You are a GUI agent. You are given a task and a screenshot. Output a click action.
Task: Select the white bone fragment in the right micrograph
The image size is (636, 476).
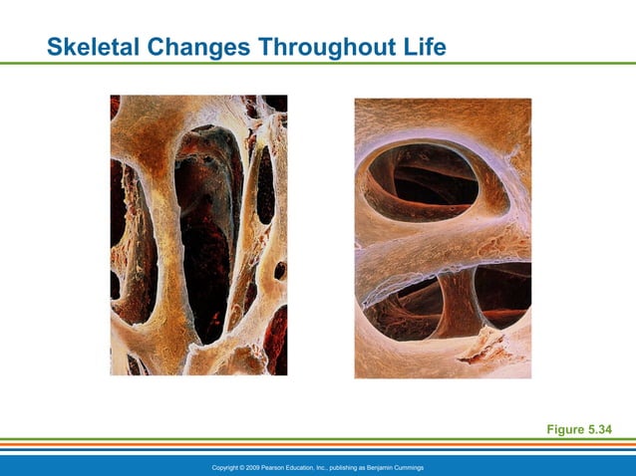[487, 344]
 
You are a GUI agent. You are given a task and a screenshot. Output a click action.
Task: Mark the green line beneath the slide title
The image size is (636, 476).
[318, 64]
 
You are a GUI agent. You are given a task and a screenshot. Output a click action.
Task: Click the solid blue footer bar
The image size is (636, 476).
[100, 465]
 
